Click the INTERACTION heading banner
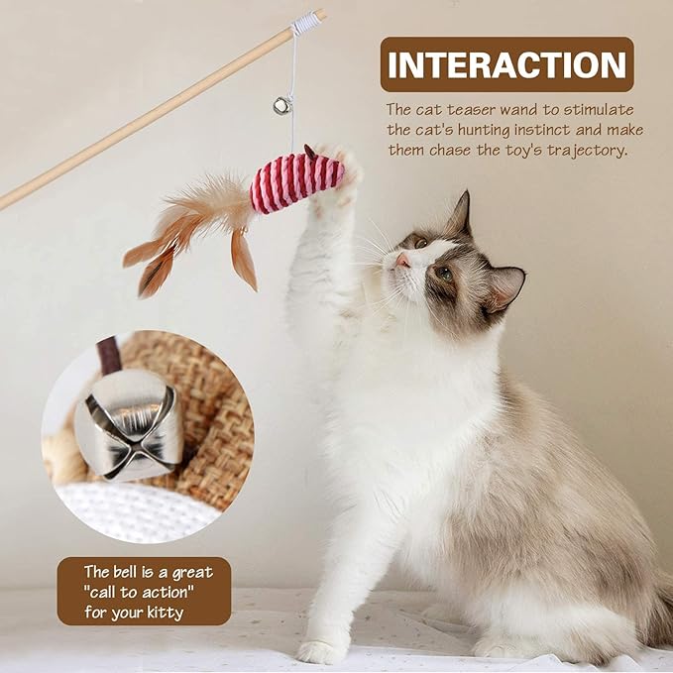pyautogui.click(x=506, y=64)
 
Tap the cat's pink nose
pyautogui.click(x=402, y=262)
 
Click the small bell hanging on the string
pyautogui.click(x=282, y=104)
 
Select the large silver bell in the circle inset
pyautogui.click(x=129, y=428)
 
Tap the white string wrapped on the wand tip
pyautogui.click(x=306, y=22)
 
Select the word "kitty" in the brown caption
pyautogui.click(x=163, y=613)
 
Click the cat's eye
pyautogui.click(x=443, y=273)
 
